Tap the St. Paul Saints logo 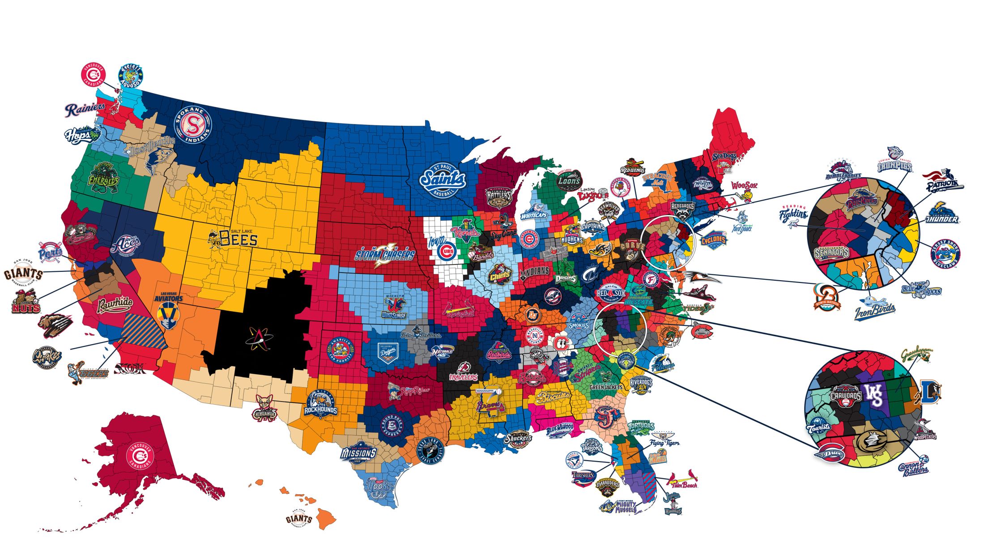coord(443,180)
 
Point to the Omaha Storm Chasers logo coord(384,255)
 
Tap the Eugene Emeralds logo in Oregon coord(103,177)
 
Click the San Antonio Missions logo coord(358,453)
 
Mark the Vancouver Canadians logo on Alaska coord(140,457)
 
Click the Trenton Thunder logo coord(943,214)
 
